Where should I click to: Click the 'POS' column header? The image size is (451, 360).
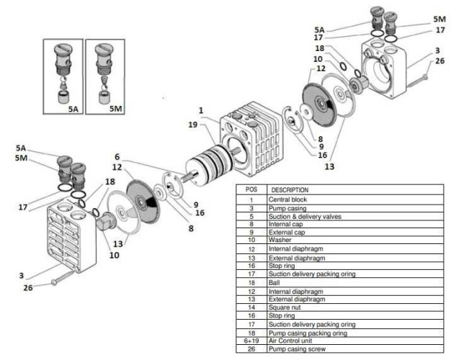251,190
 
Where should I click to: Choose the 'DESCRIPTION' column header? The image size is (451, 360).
290,190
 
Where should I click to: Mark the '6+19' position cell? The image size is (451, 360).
251,339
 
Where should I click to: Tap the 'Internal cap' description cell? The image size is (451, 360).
284,223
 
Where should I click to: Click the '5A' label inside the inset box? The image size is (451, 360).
72,108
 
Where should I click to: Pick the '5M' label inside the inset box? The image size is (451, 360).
115,108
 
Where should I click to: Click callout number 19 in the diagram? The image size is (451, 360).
192,125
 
